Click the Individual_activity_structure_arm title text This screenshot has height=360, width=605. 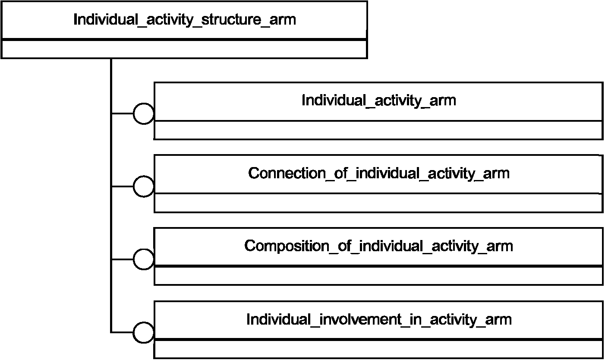coord(185,20)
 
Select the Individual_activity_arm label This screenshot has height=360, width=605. coord(379,101)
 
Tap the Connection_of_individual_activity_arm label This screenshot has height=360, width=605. coord(379,174)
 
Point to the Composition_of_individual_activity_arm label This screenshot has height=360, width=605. coord(379,246)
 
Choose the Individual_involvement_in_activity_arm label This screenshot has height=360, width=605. coord(379,320)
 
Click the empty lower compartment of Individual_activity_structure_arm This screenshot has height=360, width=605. coord(184,49)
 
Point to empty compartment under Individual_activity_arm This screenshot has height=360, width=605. coord(379,130)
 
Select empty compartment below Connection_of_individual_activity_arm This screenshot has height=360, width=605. coord(379,203)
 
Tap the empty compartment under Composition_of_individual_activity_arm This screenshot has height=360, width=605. coord(379,276)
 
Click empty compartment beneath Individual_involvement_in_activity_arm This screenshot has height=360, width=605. coord(379,349)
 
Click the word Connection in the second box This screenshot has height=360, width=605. coord(287,173)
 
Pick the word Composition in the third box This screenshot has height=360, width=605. coord(287,246)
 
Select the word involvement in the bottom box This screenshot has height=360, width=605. coord(360,319)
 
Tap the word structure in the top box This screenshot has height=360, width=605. coord(231,20)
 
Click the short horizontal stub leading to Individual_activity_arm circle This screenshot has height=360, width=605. coord(123,114)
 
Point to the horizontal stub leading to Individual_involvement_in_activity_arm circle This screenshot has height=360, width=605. coord(123,332)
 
